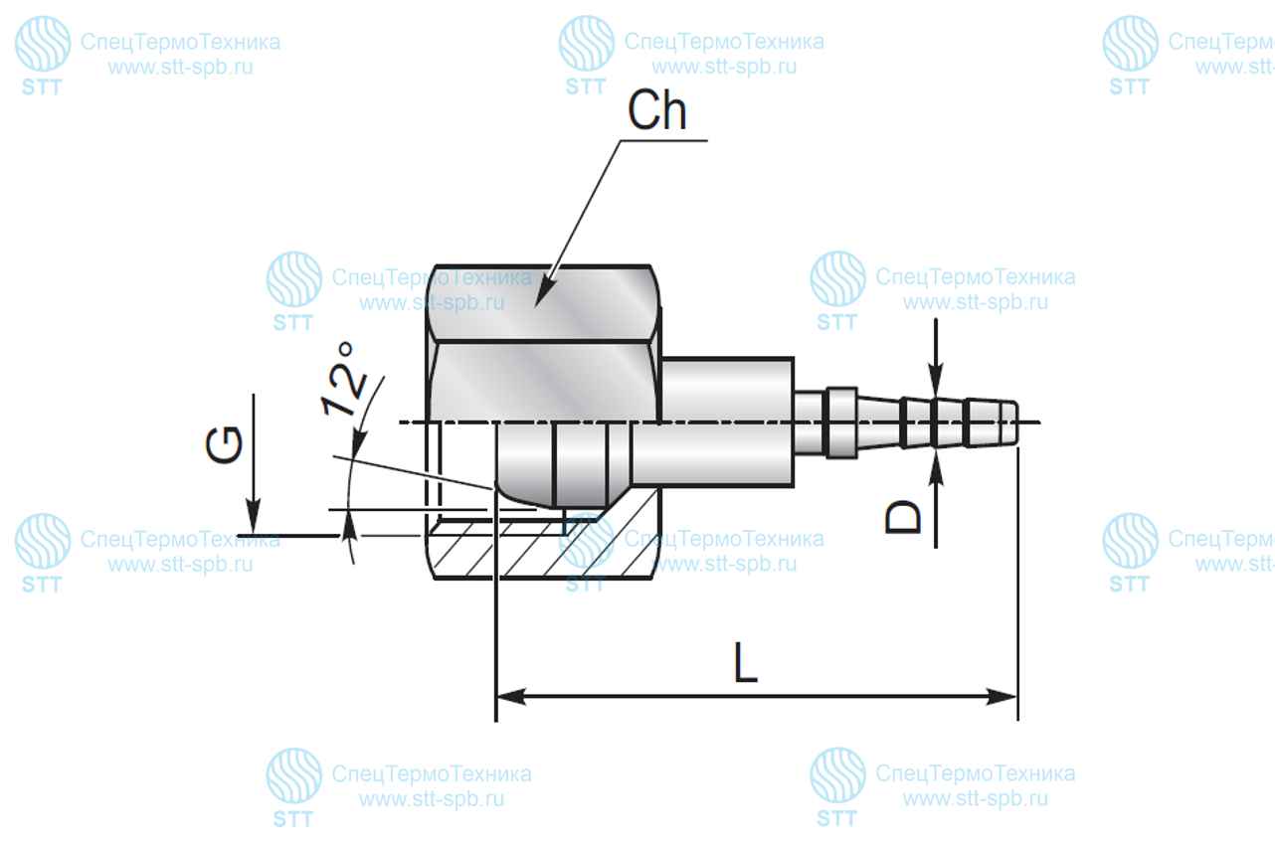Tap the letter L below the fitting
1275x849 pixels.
coord(745,662)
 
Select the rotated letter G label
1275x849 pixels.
coord(224,444)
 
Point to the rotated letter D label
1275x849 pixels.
coord(903,517)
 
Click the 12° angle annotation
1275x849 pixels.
coord(345,380)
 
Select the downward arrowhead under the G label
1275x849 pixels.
coord(253,516)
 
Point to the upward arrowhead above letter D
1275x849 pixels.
coord(935,471)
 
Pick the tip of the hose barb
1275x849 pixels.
coord(1015,423)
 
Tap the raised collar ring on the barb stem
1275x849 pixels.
coord(841,423)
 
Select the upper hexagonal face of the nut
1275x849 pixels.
coord(544,303)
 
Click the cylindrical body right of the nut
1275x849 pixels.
coord(727,423)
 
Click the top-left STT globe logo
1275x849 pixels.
coord(43,44)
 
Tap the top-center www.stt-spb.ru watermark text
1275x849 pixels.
coord(724,68)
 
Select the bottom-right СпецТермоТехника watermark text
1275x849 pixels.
coord(975,773)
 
